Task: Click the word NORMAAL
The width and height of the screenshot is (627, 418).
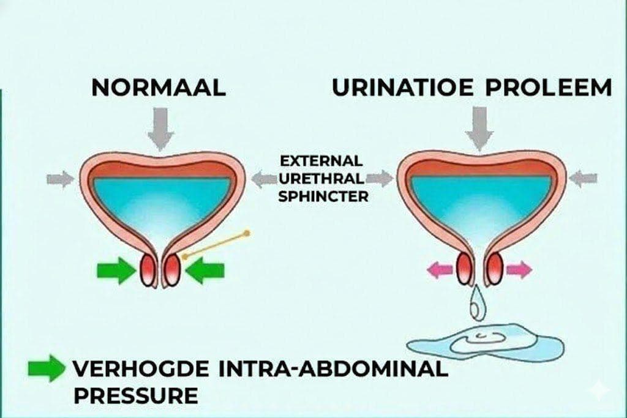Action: tap(159, 88)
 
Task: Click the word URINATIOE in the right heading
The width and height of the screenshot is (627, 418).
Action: tap(403, 88)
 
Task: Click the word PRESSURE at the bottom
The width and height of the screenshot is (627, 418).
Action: tap(135, 395)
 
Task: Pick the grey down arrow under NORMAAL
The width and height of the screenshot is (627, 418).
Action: tap(160, 127)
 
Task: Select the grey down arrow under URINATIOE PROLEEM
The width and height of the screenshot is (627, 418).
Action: tap(479, 127)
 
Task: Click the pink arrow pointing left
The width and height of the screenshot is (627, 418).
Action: tap(440, 270)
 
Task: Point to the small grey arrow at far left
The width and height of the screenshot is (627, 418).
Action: tap(60, 179)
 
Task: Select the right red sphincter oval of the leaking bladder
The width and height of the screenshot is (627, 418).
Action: tap(494, 269)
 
